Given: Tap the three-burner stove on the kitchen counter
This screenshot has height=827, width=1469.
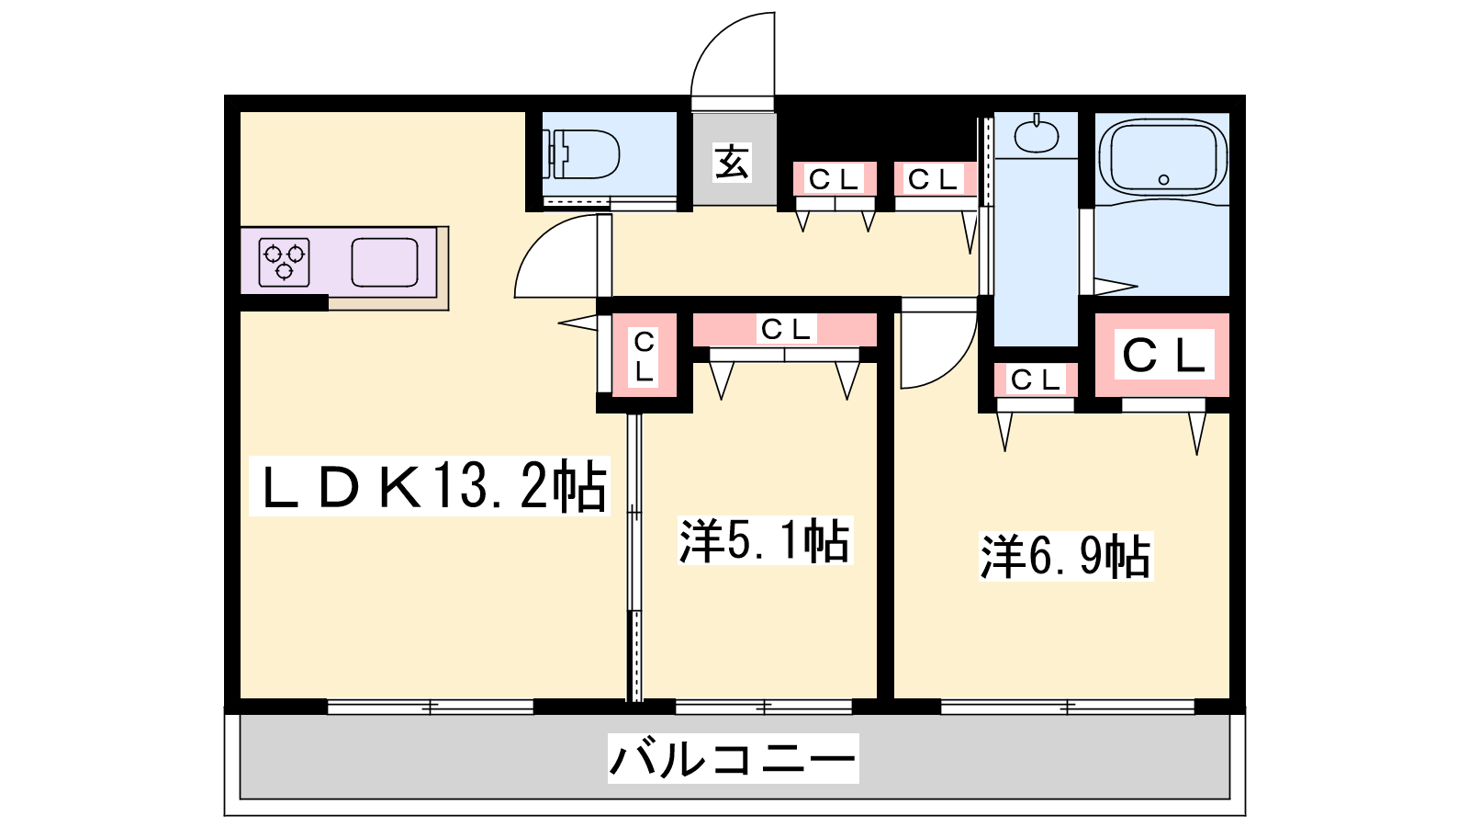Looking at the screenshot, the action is coord(284,263).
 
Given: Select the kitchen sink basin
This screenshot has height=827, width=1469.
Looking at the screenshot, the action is coord(385,263).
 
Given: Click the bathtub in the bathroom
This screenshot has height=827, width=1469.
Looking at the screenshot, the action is coord(1162,157).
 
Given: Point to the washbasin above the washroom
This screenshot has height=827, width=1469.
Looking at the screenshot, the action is coord(1037,134).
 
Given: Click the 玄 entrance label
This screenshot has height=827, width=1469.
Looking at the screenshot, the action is coord(732,162).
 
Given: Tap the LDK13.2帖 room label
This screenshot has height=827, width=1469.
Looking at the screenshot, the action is coord(431,486).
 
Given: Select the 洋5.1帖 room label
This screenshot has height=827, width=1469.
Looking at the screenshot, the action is coord(765,541).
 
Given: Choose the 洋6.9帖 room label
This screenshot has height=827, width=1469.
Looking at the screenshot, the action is coord(1066,557).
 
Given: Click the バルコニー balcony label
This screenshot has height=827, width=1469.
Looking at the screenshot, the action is coord(734,759).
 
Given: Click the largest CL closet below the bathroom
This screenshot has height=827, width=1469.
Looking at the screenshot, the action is coord(1162,355).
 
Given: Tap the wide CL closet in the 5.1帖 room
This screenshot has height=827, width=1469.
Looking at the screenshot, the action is coord(785,330).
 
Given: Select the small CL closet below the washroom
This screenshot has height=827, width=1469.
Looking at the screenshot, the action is coord(1036,380).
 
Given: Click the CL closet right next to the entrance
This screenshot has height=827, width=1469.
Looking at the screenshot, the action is coord(835,178).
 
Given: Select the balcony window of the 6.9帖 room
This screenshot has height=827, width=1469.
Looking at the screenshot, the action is coord(1068,707).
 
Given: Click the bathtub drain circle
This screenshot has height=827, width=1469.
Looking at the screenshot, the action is coord(1164,179).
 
